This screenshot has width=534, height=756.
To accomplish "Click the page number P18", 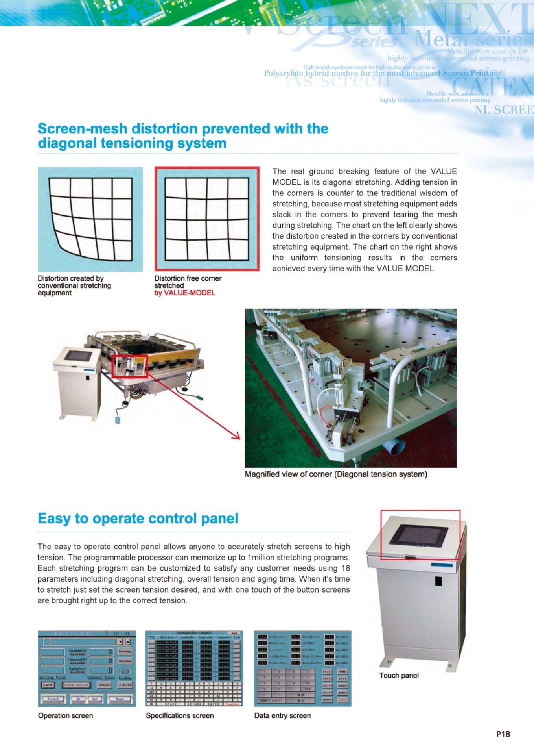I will point(503,734).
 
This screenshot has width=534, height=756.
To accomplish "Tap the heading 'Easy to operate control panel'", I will point(138,519).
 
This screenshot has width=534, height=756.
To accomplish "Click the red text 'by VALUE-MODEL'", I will point(185,293).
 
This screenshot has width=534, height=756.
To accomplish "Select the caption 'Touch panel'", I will point(399,676).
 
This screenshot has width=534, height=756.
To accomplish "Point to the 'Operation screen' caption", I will point(66,715).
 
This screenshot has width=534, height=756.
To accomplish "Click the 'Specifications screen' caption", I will point(180,715).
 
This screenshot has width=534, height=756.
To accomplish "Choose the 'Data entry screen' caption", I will point(282,715).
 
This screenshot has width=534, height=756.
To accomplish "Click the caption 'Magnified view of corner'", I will point(336,474).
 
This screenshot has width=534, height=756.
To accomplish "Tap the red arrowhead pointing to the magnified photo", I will point(237,436).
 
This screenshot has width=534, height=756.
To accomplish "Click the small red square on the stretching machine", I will point(130,367).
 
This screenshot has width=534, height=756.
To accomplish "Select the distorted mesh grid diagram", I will point(90,219).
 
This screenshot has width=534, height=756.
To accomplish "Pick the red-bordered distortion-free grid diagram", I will point(207,219).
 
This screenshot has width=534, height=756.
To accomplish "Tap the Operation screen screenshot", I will point(87,669).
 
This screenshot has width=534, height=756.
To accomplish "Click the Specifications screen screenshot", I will point(194,669).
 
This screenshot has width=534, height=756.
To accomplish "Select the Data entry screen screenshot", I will point(302,669).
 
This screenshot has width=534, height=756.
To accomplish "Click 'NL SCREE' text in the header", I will point(504,110).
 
